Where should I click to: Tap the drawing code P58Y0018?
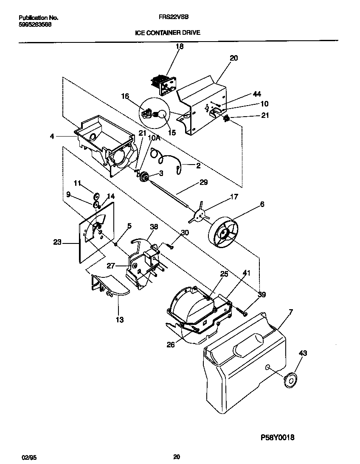pyautogui.click(x=275, y=437)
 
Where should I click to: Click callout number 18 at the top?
pyautogui.click(x=180, y=47)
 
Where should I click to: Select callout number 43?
pyautogui.click(x=303, y=353)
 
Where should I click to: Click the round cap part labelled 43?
pyautogui.click(x=291, y=380)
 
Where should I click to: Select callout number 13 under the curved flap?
pyautogui.click(x=120, y=319)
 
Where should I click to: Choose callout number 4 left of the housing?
pyautogui.click(x=51, y=137)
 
